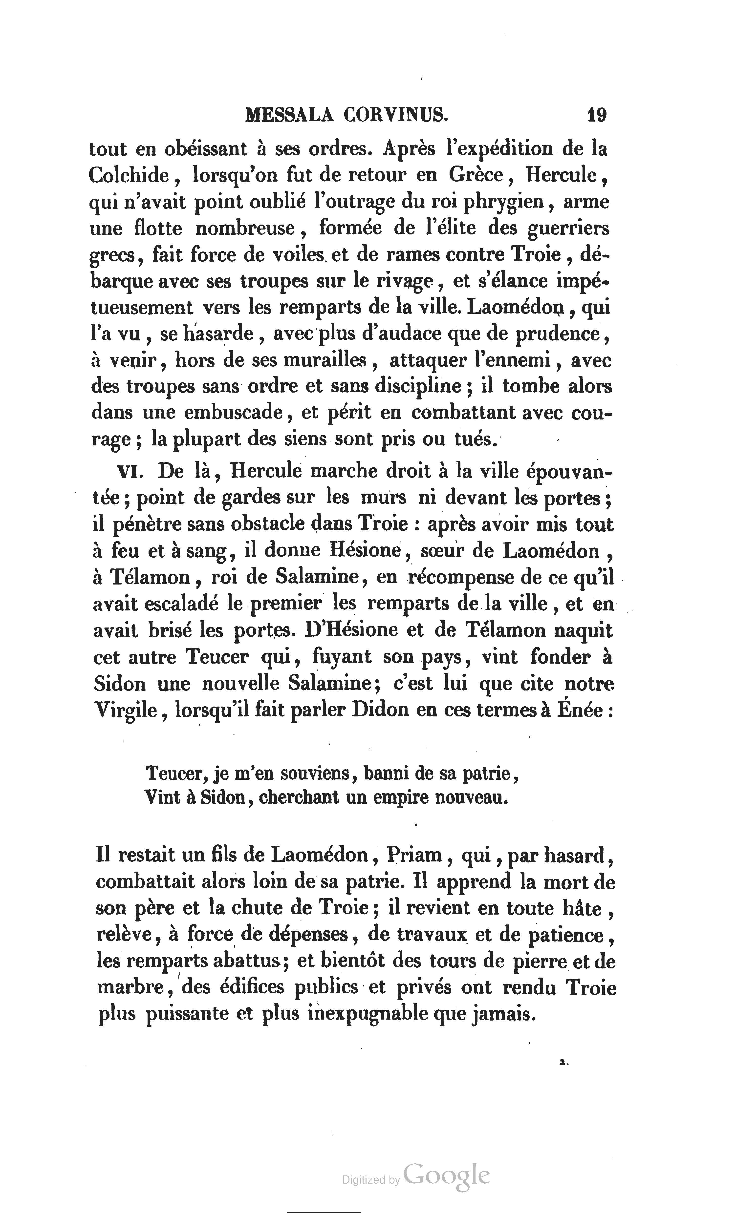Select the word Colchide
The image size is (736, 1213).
(x=129, y=175)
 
